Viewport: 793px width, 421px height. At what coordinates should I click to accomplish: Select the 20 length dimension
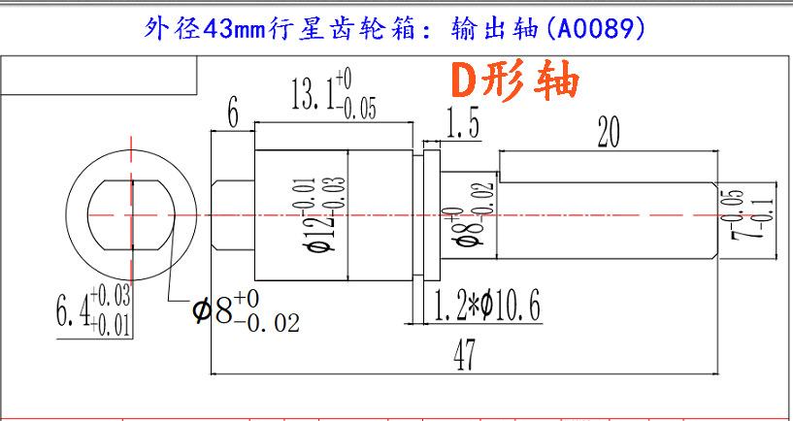(x=609, y=132)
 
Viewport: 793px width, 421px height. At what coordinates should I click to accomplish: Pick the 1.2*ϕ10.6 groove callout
(x=487, y=307)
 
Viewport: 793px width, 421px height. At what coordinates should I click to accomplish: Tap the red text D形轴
(x=514, y=79)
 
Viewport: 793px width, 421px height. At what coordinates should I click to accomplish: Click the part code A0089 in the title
(x=595, y=30)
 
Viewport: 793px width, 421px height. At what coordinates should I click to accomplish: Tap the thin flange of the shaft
(x=431, y=215)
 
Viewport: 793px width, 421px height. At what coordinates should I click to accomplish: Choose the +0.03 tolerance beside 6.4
(x=111, y=295)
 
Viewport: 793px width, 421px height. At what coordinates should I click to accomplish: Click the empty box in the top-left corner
(x=99, y=75)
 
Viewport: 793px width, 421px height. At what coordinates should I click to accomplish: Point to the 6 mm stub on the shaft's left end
(x=233, y=215)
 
